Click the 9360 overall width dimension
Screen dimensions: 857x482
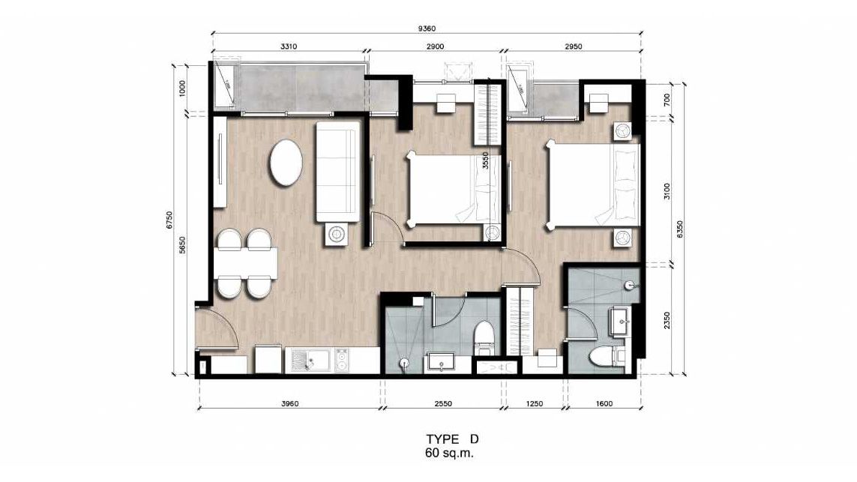tap(427, 28)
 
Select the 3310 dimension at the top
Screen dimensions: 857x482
tap(289, 46)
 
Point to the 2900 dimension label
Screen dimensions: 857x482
tap(435, 46)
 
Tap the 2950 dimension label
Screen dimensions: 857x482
tap(573, 46)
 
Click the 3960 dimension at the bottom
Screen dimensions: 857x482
tap(289, 404)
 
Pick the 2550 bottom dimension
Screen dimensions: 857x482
tap(442, 404)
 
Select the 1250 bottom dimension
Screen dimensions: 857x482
tap(534, 404)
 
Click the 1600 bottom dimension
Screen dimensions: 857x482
tap(604, 404)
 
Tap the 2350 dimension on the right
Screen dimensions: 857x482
tap(667, 321)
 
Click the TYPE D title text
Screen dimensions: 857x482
tap(452, 439)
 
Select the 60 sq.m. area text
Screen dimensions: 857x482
tap(449, 453)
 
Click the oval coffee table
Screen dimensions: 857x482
tap(286, 163)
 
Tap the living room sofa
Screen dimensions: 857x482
tap(337, 172)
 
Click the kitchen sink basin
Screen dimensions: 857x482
tap(310, 360)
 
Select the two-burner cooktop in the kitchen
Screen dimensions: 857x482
tap(342, 360)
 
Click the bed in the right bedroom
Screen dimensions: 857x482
tap(594, 184)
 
